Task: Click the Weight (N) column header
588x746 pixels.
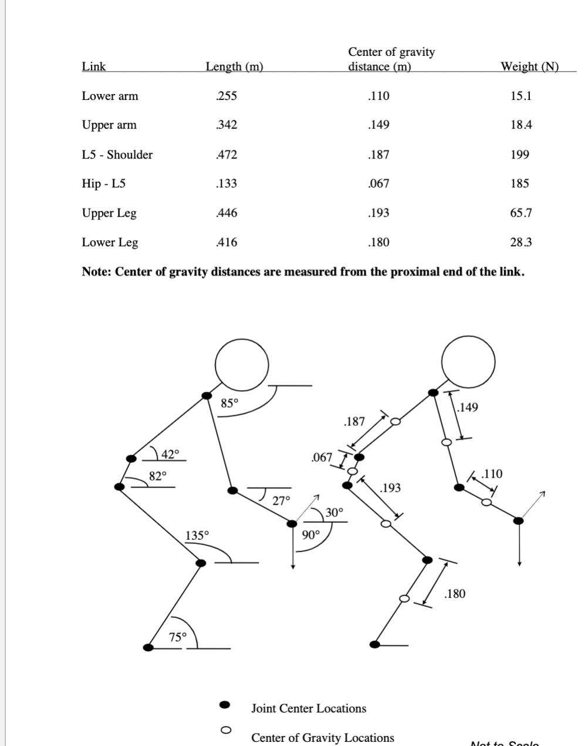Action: (x=529, y=66)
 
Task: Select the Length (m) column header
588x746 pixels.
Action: (x=234, y=66)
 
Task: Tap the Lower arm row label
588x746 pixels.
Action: (x=110, y=96)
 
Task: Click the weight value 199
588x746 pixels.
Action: (x=520, y=154)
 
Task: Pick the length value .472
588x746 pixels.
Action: (x=227, y=154)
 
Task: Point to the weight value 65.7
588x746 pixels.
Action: (x=521, y=213)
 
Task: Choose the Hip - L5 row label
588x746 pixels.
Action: (x=103, y=183)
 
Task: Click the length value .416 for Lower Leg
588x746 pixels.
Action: (x=227, y=242)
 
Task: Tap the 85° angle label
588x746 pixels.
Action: (x=229, y=403)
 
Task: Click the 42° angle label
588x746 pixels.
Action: (x=170, y=453)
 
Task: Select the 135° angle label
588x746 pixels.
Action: (x=197, y=535)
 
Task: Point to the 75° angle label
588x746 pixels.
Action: (x=178, y=637)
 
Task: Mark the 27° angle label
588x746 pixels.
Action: (x=282, y=500)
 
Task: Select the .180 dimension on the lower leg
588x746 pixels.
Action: (x=455, y=593)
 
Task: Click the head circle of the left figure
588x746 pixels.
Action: (x=242, y=365)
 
